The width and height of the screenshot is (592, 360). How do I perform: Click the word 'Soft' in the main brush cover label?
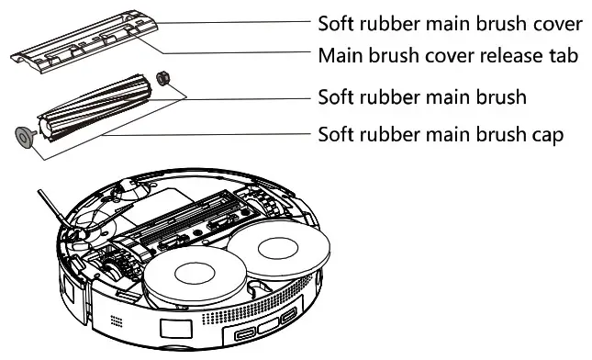337,21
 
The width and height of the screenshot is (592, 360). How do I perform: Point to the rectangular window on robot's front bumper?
173,329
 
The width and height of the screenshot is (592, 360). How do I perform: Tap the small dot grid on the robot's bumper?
115,324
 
